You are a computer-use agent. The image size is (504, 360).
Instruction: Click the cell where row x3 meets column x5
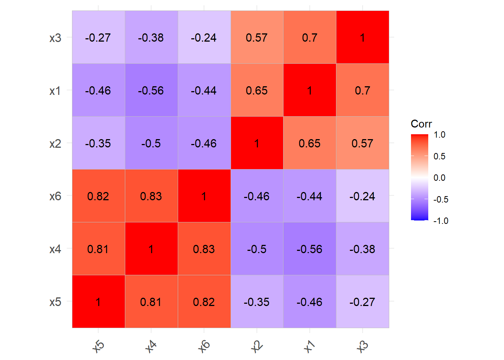coord(98,37)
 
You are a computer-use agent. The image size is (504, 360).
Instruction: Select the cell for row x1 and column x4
coord(151,90)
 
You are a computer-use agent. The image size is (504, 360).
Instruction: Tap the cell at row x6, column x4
coord(151,196)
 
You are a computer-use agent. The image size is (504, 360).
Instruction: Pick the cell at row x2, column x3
coord(362,143)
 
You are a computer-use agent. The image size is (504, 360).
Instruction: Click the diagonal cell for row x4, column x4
coord(151,249)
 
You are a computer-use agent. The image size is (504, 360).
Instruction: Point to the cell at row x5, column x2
coord(257,302)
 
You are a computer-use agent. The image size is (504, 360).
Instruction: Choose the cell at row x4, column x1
coord(310,249)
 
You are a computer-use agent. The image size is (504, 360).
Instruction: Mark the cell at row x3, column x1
coord(310,37)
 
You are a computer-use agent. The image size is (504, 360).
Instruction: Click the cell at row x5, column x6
coord(204,302)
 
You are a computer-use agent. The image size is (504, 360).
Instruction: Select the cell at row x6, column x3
coord(362,196)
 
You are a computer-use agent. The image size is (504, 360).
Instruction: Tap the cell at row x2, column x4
coord(151,143)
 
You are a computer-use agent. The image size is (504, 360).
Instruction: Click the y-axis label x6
coord(55,196)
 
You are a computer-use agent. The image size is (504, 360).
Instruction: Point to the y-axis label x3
coord(55,38)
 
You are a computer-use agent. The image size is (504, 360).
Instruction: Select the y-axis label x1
coord(55,91)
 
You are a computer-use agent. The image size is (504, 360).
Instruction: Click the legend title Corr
coord(421,124)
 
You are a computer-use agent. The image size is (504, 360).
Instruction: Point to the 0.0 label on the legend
coord(439,178)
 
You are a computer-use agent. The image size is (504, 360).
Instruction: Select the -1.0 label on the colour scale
coord(441,221)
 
